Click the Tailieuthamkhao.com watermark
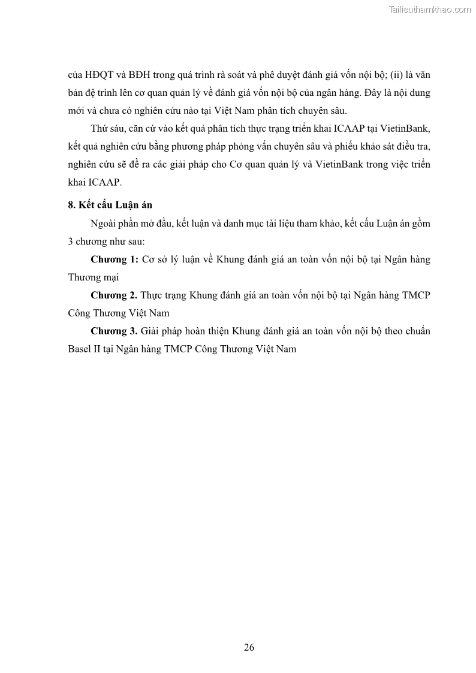coord(429,9)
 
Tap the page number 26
coord(249,647)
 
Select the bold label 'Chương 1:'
coord(115,259)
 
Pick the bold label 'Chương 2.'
coord(114,295)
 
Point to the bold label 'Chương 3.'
coord(114,331)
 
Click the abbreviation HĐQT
coord(94,76)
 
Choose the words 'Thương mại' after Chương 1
coord(94,277)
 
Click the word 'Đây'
coord(366,94)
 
